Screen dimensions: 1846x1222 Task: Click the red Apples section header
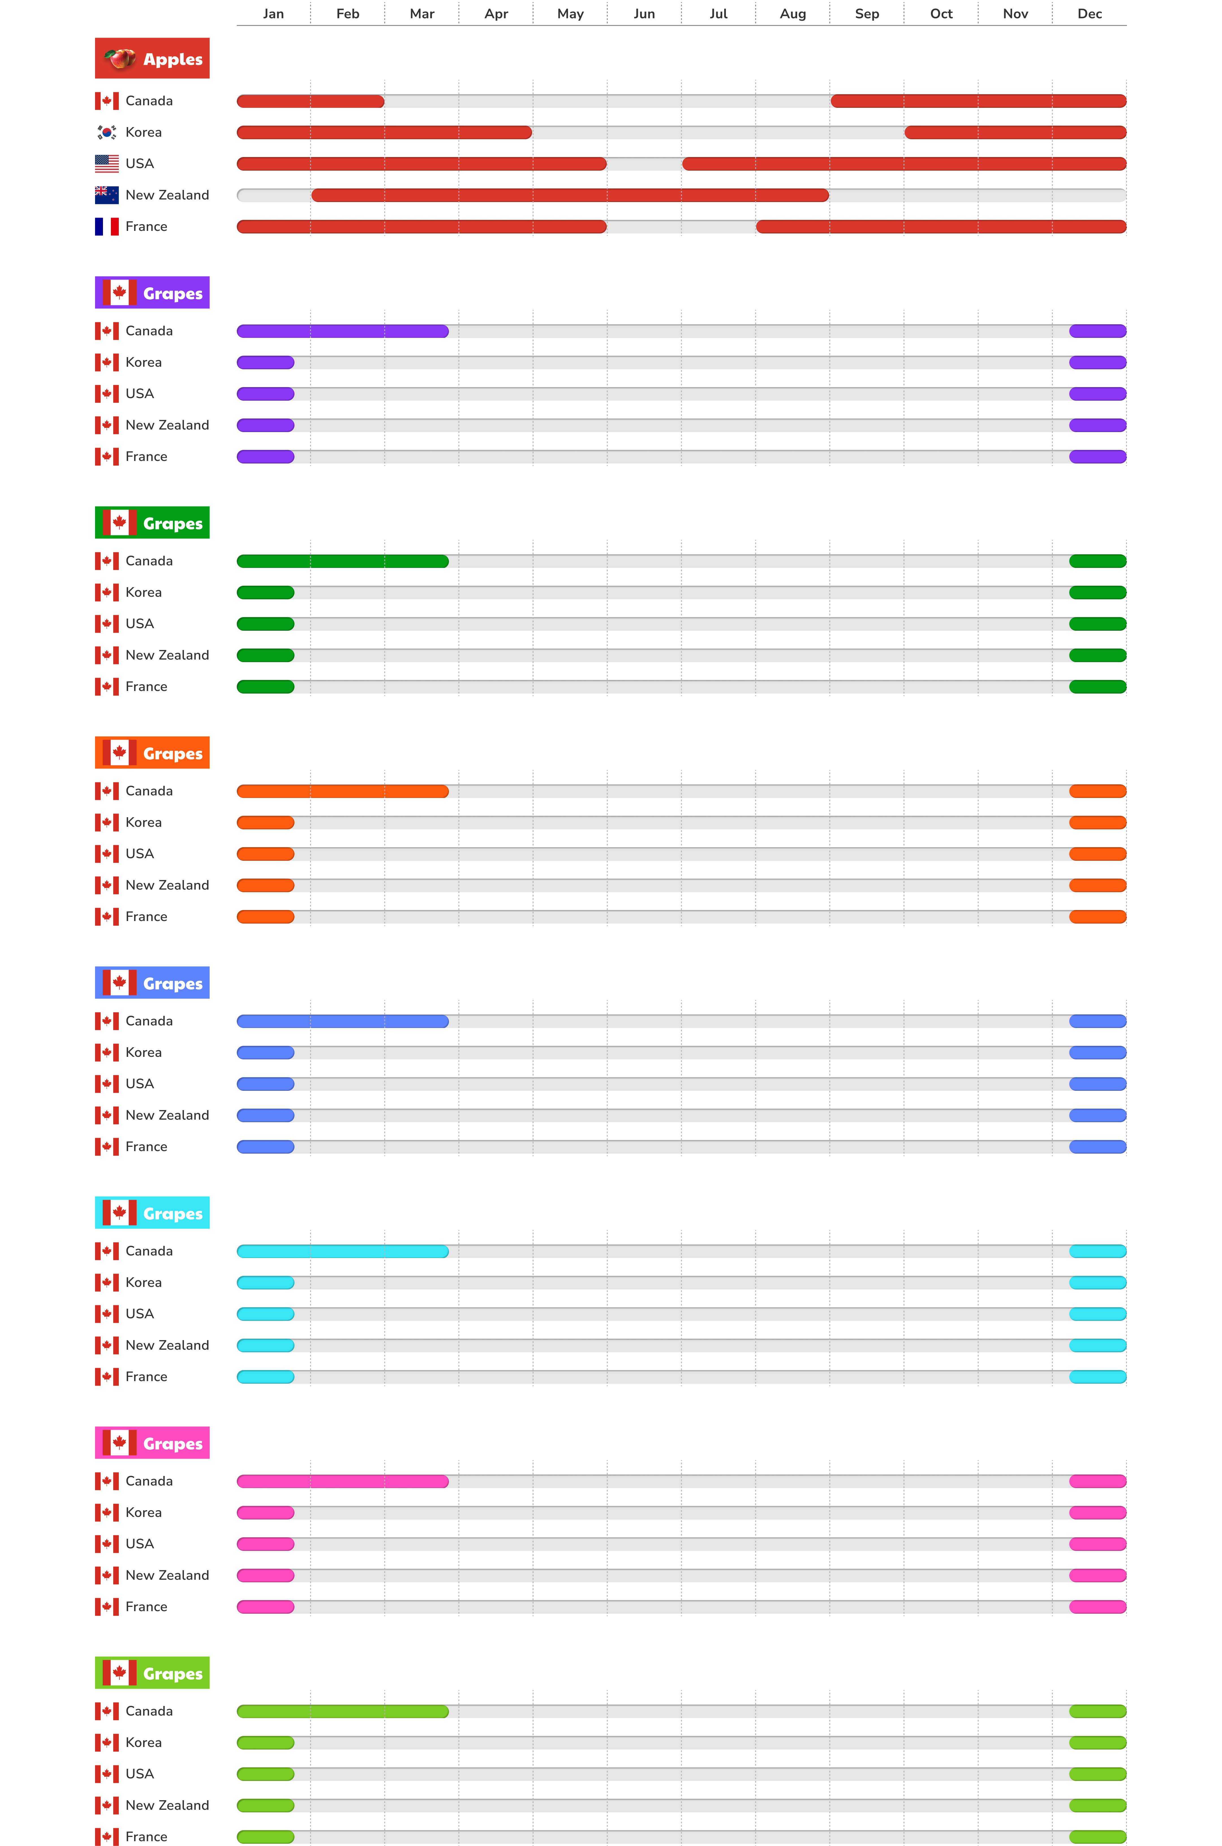152,59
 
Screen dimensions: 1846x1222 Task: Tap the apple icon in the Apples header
119,59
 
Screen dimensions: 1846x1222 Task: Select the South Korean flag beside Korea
107,132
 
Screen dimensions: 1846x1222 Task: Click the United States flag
107,164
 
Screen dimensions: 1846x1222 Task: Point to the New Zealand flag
107,195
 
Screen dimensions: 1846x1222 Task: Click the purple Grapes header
152,293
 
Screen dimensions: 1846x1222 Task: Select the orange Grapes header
152,753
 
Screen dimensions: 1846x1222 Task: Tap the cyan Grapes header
152,1213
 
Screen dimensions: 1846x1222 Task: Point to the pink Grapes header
152,1443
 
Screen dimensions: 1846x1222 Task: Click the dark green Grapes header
152,523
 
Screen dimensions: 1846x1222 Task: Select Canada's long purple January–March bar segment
343,331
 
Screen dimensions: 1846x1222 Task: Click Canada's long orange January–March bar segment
343,791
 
